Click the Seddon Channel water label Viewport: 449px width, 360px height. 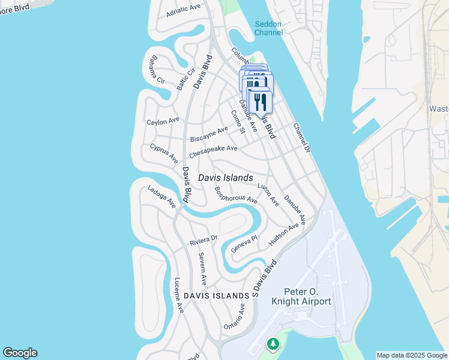268,28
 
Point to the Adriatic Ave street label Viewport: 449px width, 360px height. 184,8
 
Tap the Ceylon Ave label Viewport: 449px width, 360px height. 163,121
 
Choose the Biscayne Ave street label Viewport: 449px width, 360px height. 209,134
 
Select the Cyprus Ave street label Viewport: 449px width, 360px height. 164,153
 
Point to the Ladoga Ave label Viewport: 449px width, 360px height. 161,196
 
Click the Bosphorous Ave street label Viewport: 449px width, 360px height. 235,194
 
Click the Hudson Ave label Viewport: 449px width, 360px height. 283,235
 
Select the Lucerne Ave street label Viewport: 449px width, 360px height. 178,295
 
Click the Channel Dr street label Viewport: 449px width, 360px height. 301,137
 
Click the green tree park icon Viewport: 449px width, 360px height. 273,344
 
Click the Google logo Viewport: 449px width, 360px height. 20,353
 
